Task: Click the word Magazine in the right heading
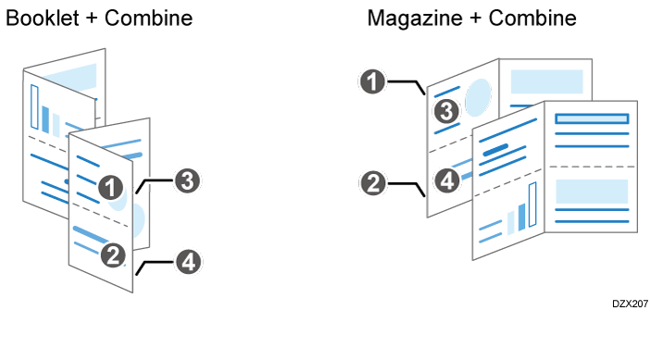coord(413,18)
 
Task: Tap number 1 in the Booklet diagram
coord(112,188)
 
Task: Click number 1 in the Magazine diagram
coord(372,82)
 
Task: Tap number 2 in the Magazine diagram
coord(372,182)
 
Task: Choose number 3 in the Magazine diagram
coord(447,112)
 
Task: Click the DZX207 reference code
coord(629,304)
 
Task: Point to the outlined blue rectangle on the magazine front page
coord(591,118)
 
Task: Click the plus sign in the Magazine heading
coord(474,18)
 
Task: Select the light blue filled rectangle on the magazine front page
coord(591,191)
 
